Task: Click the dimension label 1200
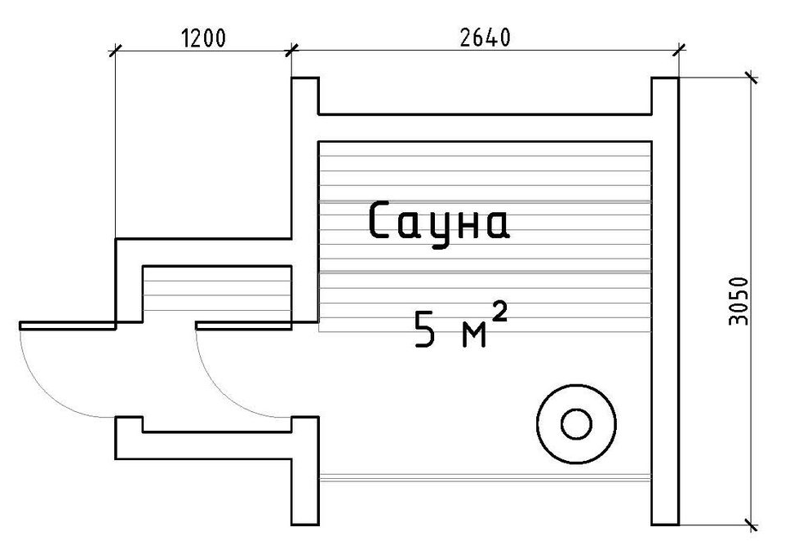tap(203, 38)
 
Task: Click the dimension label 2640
tap(485, 38)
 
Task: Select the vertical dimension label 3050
tap(739, 301)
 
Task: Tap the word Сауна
tap(438, 222)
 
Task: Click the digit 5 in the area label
tap(425, 330)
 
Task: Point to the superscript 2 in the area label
tap(499, 312)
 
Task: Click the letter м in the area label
tap(474, 334)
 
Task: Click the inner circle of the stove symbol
tap(576, 424)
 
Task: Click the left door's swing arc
tap(47, 391)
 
